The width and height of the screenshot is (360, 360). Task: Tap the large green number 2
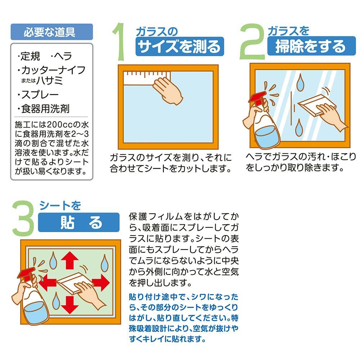click(252, 41)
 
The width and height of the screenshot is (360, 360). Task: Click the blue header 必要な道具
click(51, 32)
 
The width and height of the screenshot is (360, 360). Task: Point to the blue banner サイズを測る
click(180, 46)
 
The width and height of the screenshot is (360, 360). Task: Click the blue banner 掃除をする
click(311, 46)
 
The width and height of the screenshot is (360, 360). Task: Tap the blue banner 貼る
click(79, 222)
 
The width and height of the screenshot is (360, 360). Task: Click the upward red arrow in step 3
click(70, 260)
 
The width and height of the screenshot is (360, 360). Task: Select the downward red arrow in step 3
click(70, 305)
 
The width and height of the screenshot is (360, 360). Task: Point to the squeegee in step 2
click(316, 105)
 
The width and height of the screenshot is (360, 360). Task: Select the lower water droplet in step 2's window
click(299, 127)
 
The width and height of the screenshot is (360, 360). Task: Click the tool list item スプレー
click(38, 95)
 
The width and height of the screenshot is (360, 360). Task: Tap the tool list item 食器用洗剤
click(44, 109)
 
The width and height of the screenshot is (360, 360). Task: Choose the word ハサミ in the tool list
click(50, 80)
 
